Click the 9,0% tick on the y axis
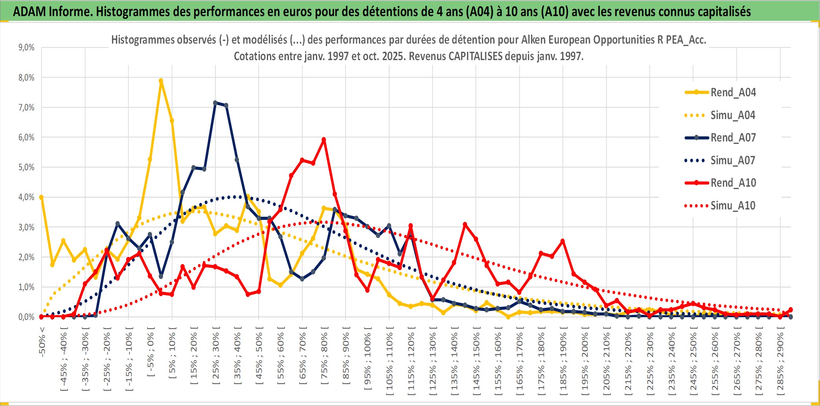[x=26, y=48]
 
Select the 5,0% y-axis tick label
[x=26, y=167]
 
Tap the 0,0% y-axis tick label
[x=26, y=317]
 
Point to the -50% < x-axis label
[x=42, y=342]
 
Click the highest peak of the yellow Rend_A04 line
[x=161, y=81]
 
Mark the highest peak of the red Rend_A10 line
[x=324, y=140]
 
